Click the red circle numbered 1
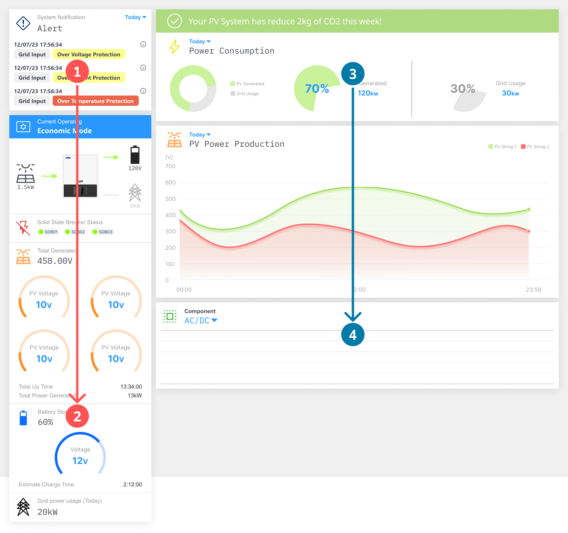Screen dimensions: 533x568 click(x=77, y=72)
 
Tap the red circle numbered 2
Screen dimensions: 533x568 click(x=77, y=416)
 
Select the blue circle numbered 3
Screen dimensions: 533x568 click(x=352, y=74)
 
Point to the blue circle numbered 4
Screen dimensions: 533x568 click(x=352, y=335)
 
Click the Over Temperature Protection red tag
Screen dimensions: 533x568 click(x=95, y=101)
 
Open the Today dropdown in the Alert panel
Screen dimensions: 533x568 click(x=135, y=17)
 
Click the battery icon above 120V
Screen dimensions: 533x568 click(x=135, y=155)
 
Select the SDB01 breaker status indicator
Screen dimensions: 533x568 click(x=48, y=232)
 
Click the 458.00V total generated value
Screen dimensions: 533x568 click(x=55, y=261)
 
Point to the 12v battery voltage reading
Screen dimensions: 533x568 click(x=80, y=461)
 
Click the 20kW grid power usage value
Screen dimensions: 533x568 click(x=47, y=512)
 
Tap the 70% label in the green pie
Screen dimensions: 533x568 click(x=317, y=89)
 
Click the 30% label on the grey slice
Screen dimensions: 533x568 click(x=463, y=89)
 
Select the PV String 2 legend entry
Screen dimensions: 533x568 click(x=535, y=147)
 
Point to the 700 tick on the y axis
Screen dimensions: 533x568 click(x=170, y=166)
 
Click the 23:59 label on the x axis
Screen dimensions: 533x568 click(x=534, y=290)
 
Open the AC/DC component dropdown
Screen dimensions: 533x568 click(x=201, y=321)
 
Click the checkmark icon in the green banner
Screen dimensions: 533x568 click(x=175, y=21)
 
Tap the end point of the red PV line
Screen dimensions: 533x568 click(x=528, y=231)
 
